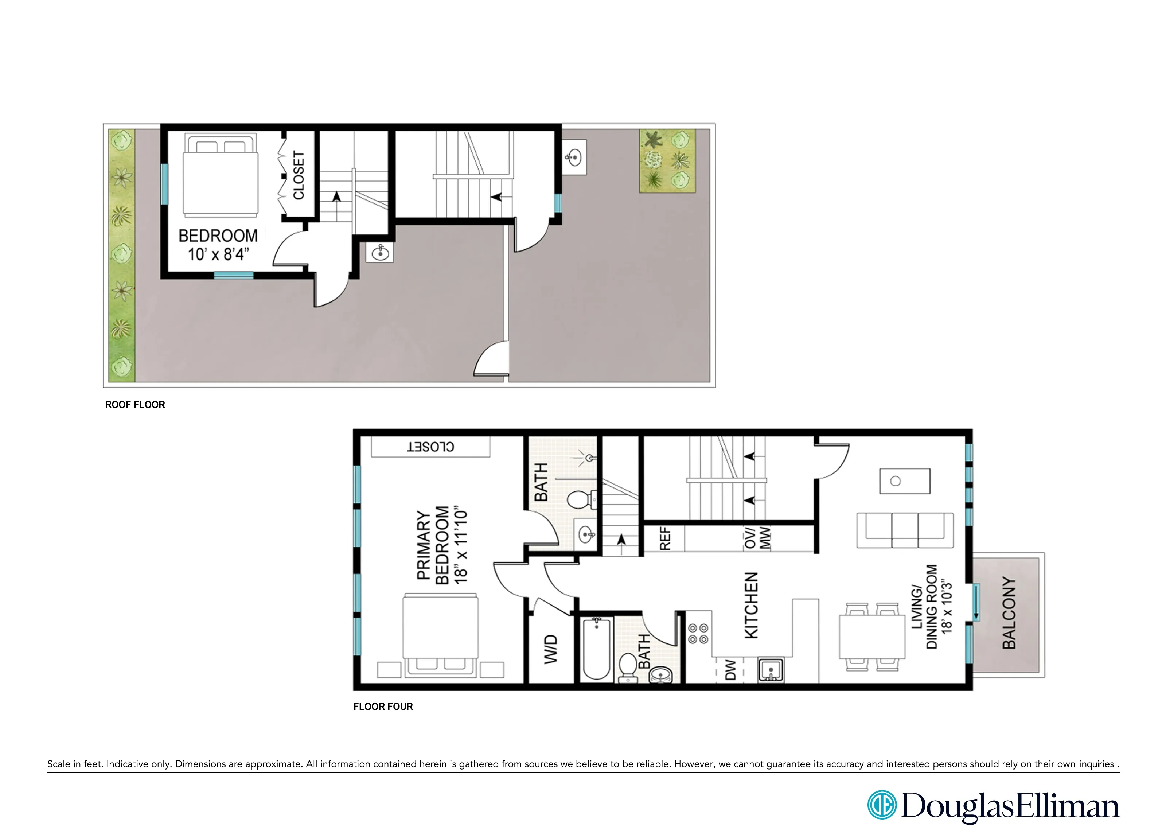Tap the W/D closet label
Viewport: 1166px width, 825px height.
pyautogui.click(x=551, y=649)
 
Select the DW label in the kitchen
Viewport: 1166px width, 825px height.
pyautogui.click(x=730, y=670)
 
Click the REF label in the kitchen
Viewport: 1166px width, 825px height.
pyautogui.click(x=665, y=538)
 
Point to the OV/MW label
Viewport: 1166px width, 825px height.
pyautogui.click(x=757, y=538)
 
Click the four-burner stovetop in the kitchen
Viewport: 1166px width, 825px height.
pyautogui.click(x=698, y=634)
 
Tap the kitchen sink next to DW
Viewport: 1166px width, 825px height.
pyautogui.click(x=771, y=670)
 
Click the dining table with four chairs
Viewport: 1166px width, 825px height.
pyautogui.click(x=872, y=637)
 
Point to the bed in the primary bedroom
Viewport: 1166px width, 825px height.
pyautogui.click(x=440, y=635)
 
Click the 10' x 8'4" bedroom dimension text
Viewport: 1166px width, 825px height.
pyautogui.click(x=218, y=253)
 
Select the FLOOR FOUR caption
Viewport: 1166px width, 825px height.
pyautogui.click(x=383, y=707)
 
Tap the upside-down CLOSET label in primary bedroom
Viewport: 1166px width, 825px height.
pyautogui.click(x=431, y=447)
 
